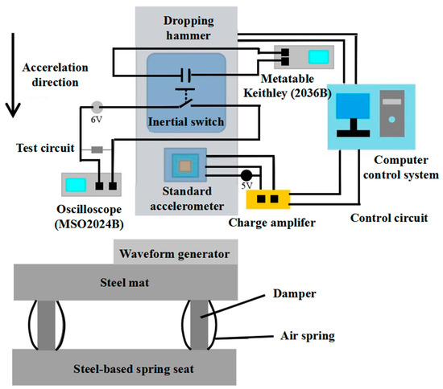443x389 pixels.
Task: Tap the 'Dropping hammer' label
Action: pos(187,26)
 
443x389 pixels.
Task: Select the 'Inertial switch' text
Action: pos(186,121)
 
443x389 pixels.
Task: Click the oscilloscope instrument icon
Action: pos(90,185)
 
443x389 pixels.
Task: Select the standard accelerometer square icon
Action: pos(186,167)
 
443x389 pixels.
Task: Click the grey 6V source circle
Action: pos(97,106)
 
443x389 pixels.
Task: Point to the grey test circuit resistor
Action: pos(97,149)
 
